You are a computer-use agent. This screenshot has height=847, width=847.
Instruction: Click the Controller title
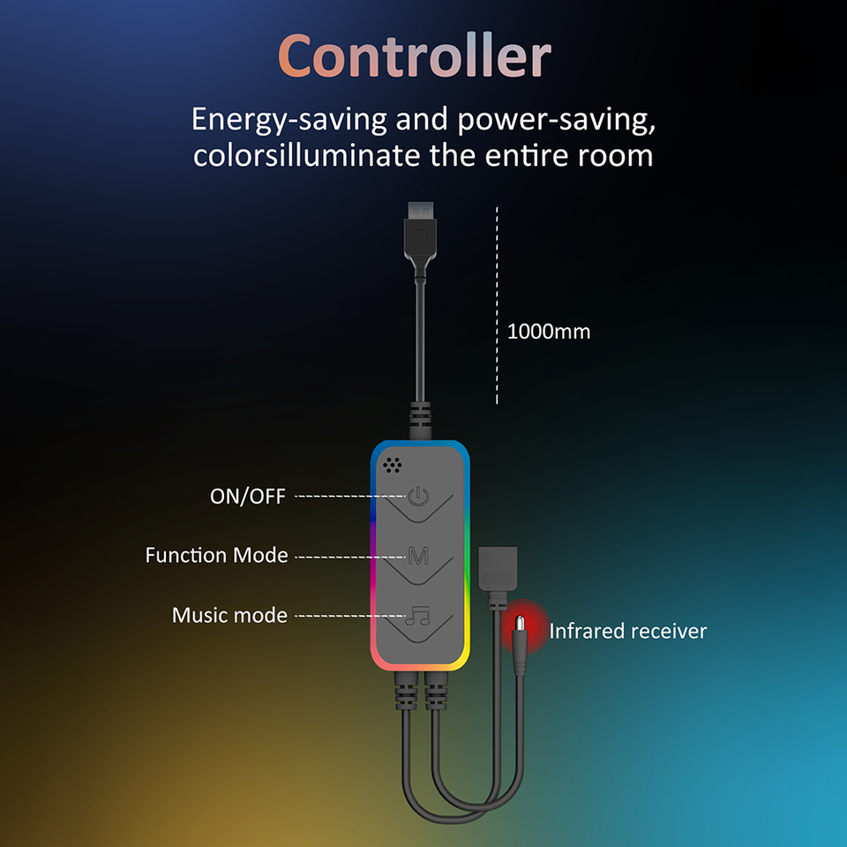[x=415, y=57]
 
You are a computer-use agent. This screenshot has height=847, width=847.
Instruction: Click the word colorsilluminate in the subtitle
[x=308, y=156]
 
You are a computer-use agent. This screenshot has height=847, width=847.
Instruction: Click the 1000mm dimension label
[x=549, y=333]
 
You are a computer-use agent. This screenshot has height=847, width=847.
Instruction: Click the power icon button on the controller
[x=418, y=498]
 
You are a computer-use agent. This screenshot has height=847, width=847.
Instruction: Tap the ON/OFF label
[x=248, y=497]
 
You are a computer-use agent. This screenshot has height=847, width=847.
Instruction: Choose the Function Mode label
[x=217, y=556]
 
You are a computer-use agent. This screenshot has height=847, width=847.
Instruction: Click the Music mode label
[x=229, y=615]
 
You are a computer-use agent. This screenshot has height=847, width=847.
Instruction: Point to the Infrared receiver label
[x=627, y=631]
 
